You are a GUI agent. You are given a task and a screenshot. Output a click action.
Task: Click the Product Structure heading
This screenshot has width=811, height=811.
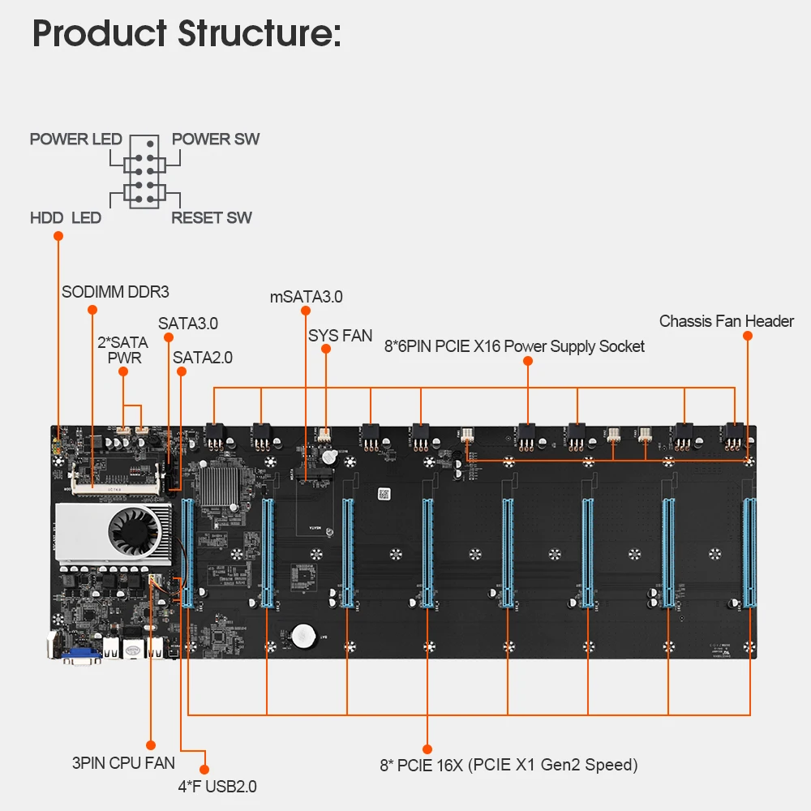click(187, 34)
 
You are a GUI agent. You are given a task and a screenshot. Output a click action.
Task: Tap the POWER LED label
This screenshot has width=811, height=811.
click(75, 139)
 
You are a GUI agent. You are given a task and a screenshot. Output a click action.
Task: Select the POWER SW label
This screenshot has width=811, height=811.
click(216, 139)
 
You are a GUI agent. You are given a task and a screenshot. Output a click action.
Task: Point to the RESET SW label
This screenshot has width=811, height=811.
click(212, 217)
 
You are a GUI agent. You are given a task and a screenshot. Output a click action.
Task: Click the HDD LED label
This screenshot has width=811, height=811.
click(66, 217)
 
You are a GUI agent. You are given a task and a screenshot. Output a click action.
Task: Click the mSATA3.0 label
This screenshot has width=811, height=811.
click(306, 297)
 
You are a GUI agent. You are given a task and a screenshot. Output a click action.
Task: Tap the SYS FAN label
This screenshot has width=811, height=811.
click(340, 335)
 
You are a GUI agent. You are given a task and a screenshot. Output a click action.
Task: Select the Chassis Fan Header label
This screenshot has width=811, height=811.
click(727, 321)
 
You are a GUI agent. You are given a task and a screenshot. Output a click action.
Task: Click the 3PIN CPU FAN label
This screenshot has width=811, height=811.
click(123, 763)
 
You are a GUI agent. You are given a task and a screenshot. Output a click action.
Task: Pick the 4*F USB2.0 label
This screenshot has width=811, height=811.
click(217, 785)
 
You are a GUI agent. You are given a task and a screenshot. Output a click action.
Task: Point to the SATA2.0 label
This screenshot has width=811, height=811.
click(203, 357)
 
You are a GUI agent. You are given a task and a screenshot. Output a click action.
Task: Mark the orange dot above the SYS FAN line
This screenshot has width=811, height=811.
click(325, 349)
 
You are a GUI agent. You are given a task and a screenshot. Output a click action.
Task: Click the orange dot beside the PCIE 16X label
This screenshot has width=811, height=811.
click(427, 749)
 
